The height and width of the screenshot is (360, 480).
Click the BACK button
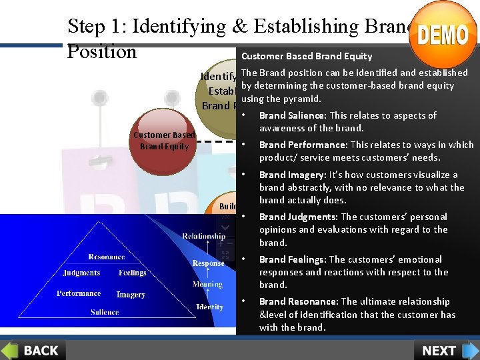(x=33, y=350)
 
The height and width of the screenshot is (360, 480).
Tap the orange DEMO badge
(x=443, y=34)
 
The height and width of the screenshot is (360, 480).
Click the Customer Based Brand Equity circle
(x=164, y=141)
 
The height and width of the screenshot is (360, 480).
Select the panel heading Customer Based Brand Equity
(x=307, y=56)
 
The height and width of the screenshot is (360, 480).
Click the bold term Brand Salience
(x=287, y=115)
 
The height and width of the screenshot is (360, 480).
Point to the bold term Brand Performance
(x=303, y=145)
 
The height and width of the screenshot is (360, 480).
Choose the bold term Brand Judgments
(x=298, y=217)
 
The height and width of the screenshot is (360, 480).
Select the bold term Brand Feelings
(x=293, y=259)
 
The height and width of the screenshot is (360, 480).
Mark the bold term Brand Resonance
(x=298, y=301)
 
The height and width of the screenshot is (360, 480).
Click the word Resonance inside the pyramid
(x=107, y=257)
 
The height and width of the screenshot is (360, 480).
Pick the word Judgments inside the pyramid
(x=81, y=273)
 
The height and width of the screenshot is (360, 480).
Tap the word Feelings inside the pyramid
(x=133, y=273)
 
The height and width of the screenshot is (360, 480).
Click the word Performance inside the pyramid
(x=79, y=293)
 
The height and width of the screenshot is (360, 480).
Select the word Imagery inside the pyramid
(x=131, y=294)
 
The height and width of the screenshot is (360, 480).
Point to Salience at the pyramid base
(x=105, y=312)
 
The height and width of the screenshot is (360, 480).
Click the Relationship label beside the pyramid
(x=203, y=236)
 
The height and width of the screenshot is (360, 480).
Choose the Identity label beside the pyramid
(x=209, y=307)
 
